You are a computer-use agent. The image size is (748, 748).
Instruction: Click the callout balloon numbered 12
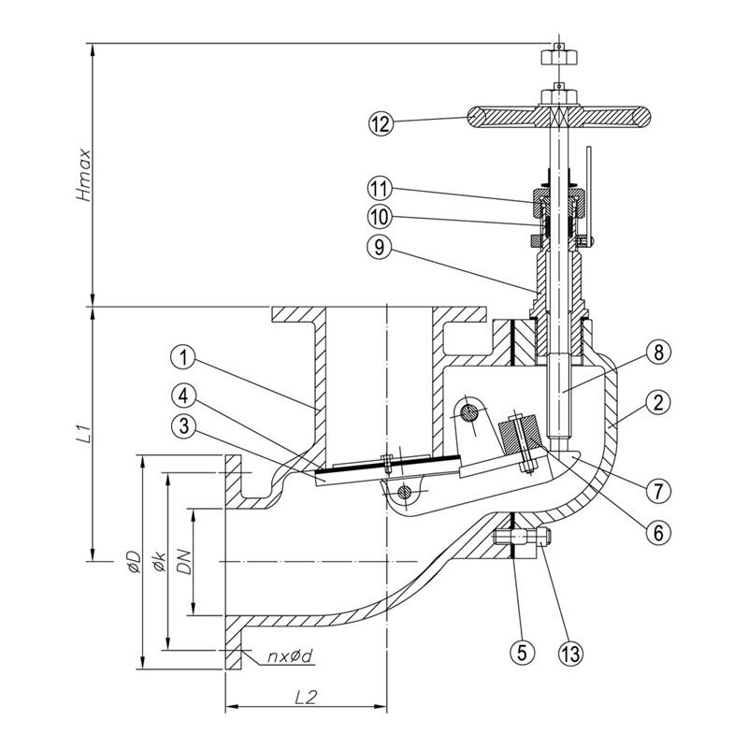[381, 123]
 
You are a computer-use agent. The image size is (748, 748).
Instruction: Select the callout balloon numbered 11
[380, 189]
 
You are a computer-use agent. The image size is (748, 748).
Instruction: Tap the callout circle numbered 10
[380, 218]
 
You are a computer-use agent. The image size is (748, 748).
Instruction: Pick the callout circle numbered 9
[380, 247]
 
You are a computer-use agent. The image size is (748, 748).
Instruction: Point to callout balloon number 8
[658, 353]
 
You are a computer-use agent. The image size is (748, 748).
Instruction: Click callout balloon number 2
[658, 403]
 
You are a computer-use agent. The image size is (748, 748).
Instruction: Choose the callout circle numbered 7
[658, 490]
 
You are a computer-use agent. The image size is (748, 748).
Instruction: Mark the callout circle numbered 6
[658, 532]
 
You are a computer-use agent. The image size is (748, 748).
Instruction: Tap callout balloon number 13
[571, 653]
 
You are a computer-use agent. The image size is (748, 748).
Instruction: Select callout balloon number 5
[523, 652]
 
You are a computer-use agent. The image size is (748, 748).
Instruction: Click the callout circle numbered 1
[183, 357]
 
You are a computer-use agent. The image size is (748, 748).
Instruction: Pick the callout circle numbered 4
[183, 396]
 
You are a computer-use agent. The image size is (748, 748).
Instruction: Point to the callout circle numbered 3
[183, 426]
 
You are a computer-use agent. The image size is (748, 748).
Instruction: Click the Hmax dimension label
[84, 175]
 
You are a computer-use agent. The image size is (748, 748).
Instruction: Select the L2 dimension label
[306, 698]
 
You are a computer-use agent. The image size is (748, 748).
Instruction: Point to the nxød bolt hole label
[290, 656]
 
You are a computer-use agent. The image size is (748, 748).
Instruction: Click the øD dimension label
[134, 562]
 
